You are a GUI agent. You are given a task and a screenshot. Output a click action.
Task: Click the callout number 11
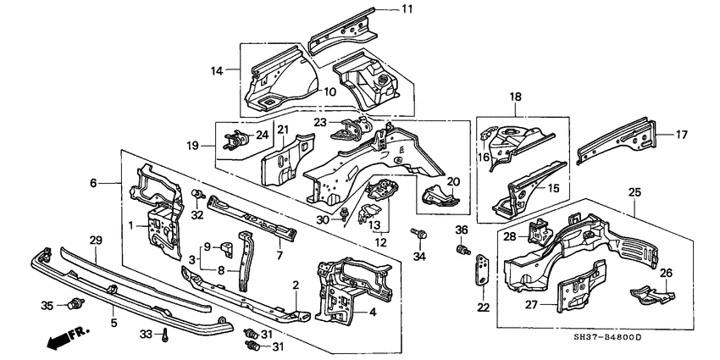click(407, 10)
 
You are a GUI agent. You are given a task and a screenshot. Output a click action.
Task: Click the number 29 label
click(96, 241)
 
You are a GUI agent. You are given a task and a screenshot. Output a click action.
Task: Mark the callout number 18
click(514, 98)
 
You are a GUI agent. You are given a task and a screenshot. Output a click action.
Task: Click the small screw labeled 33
click(168, 336)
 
